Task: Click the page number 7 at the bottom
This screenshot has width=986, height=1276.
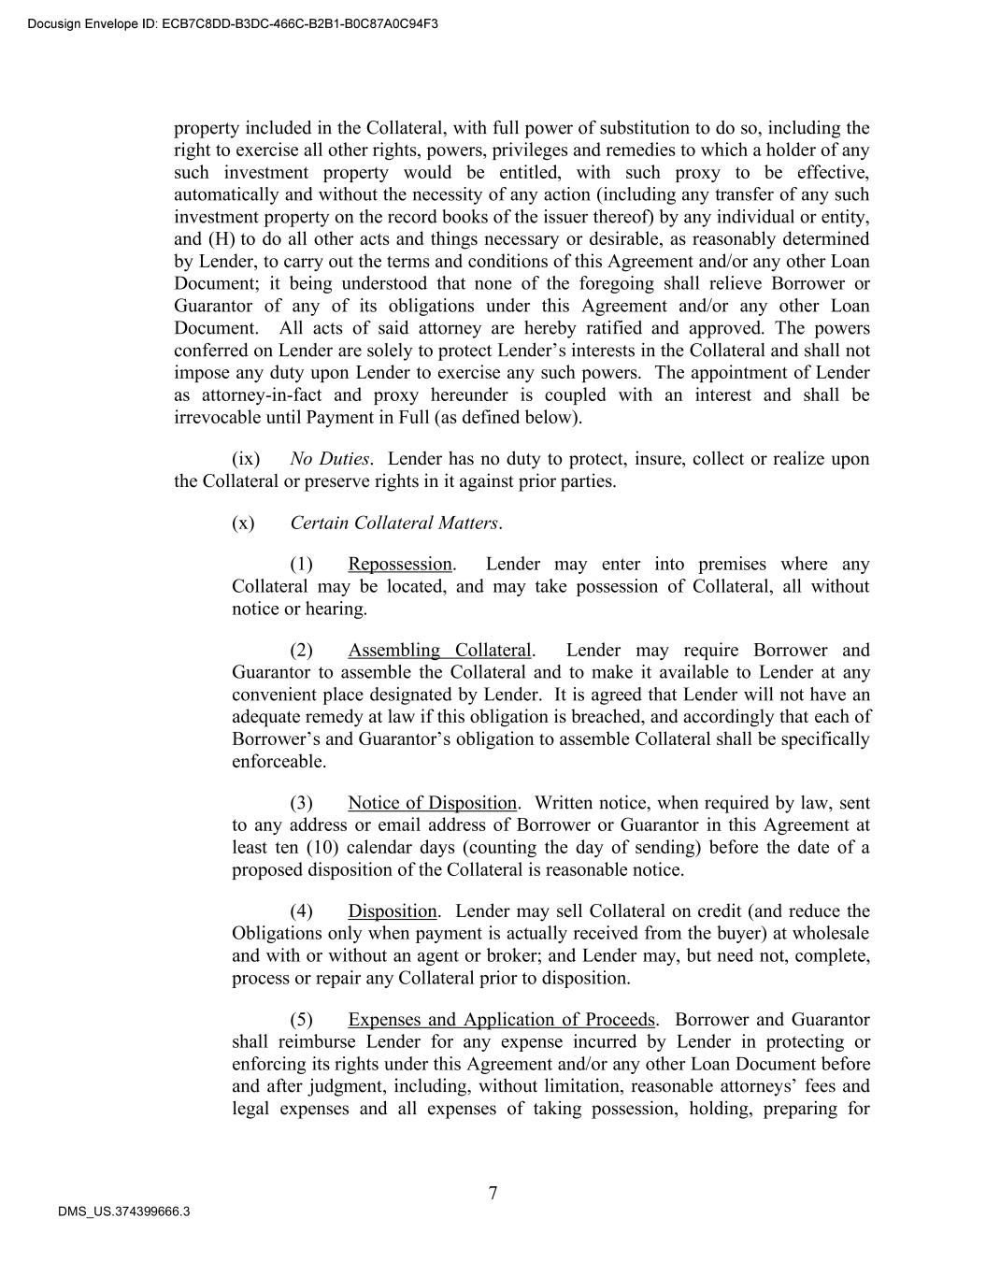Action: pos(493,1193)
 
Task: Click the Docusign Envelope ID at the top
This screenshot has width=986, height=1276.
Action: pos(233,23)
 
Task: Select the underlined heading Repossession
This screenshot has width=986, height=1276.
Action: pos(400,564)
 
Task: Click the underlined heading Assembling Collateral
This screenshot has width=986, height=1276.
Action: pos(439,650)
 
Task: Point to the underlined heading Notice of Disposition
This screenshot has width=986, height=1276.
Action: pos(432,803)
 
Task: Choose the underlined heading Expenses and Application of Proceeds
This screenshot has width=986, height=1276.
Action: pos(502,1020)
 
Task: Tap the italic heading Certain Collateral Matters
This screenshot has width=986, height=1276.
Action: pos(394,523)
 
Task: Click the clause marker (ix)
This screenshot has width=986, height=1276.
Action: pos(246,459)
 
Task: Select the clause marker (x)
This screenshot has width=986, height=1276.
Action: pos(243,523)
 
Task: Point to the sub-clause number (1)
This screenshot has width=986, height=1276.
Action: pos(301,564)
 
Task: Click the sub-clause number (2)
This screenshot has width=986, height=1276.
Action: pos(301,650)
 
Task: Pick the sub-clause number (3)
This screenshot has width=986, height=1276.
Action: pos(301,803)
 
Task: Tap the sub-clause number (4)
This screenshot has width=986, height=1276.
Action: pos(301,911)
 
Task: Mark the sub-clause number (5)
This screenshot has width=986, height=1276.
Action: pos(301,1020)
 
